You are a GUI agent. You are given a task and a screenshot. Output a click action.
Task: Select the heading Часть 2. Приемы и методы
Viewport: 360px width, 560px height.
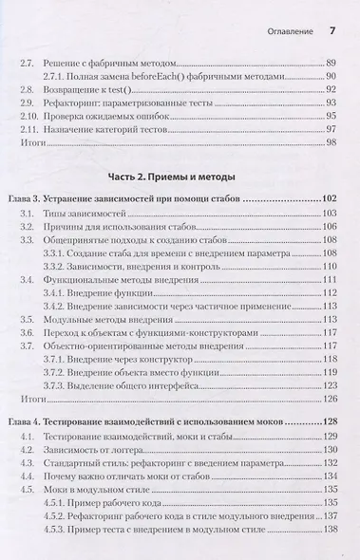179,177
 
